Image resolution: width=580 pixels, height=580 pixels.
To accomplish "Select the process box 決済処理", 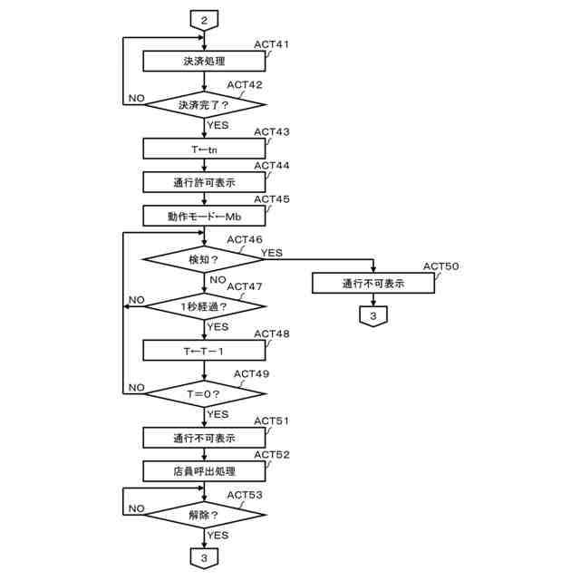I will pos(205,61).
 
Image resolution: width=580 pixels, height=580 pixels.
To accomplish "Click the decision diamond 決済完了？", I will pos(205,104).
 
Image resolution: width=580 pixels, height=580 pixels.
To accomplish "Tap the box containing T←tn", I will pos(205,149).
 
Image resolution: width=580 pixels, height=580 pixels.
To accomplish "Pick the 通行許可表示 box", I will pos(205,182).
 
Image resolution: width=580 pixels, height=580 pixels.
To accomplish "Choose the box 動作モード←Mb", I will pos(205,216).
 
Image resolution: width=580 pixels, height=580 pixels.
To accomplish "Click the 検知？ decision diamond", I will pos(205,260).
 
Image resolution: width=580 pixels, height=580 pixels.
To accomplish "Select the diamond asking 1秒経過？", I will pos(205,305).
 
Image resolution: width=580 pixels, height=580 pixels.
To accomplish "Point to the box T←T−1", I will pos(205,350).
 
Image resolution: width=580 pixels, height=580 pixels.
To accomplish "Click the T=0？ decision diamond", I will pos(205,393).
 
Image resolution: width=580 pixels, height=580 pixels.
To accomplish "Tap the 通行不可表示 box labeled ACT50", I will pos(373,283).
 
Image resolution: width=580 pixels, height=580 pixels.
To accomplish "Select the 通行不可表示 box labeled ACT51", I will pos(205,438).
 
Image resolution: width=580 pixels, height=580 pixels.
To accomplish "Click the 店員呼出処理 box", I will pos(205,471).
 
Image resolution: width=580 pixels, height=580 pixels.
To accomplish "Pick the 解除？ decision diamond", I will pos(205,514).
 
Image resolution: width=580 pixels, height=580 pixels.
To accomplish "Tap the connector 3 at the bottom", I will pos(205,558).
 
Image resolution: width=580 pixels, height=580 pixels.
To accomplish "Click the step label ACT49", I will pos(252,373).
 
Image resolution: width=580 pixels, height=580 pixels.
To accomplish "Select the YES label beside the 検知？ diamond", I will pos(272,252).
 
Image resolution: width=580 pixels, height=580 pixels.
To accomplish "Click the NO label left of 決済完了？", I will pos(136,97).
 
